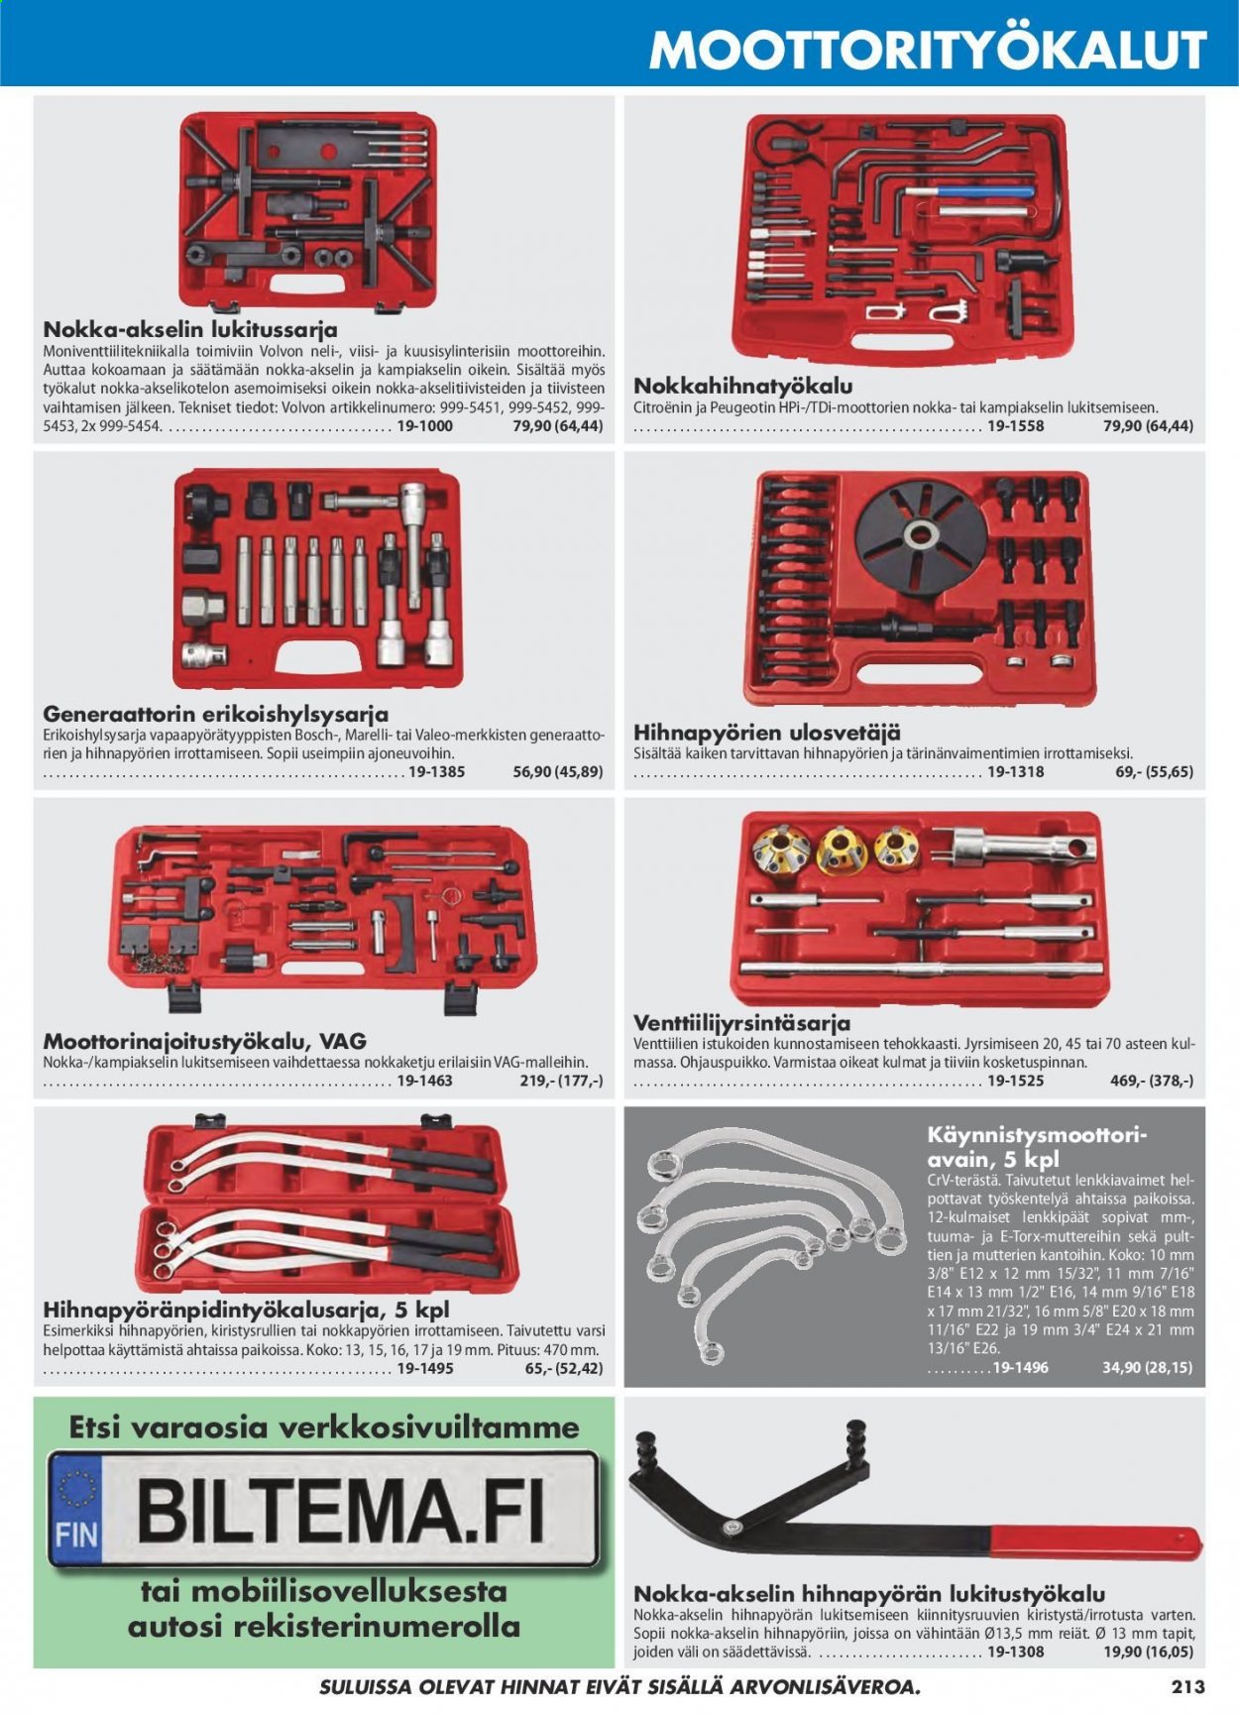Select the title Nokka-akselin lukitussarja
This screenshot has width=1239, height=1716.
(x=190, y=330)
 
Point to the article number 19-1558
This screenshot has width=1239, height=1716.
(x=1015, y=426)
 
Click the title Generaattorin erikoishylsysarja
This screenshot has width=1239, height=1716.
(x=215, y=714)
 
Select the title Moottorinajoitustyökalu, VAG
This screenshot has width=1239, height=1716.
(x=205, y=1042)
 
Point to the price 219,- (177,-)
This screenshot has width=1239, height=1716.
(x=561, y=1081)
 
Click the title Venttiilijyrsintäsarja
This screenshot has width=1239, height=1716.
(x=741, y=1022)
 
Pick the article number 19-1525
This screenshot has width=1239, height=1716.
(x=1015, y=1081)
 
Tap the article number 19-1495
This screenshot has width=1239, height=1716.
(x=424, y=1369)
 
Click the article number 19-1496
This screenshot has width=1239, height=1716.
(x=1020, y=1367)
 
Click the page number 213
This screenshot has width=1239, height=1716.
(x=1186, y=1686)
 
